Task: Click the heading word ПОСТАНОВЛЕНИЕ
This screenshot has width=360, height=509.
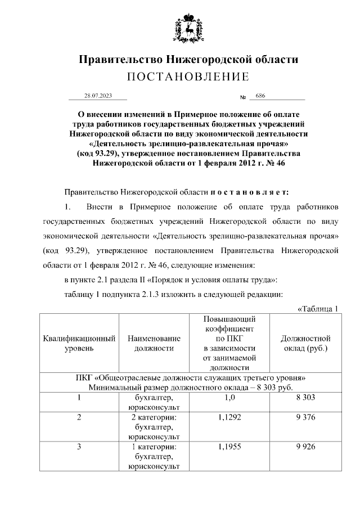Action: [x=187, y=77]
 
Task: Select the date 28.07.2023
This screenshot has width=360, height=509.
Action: [x=98, y=96]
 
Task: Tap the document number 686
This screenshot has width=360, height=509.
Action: [x=260, y=96]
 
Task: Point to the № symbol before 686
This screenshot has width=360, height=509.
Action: [x=244, y=97]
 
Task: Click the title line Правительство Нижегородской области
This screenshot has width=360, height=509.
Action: [x=188, y=60]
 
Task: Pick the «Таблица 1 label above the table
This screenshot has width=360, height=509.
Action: [x=319, y=308]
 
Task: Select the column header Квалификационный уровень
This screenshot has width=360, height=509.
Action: [x=79, y=343]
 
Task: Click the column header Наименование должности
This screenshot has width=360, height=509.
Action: [x=154, y=343]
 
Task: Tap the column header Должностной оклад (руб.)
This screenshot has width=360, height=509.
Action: [x=305, y=343]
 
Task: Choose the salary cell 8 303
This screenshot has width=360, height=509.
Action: [x=305, y=398]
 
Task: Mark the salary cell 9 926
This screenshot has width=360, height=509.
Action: [x=305, y=447]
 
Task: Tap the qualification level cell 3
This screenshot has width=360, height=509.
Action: [x=79, y=447]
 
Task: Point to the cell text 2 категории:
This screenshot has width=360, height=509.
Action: [x=154, y=417]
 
